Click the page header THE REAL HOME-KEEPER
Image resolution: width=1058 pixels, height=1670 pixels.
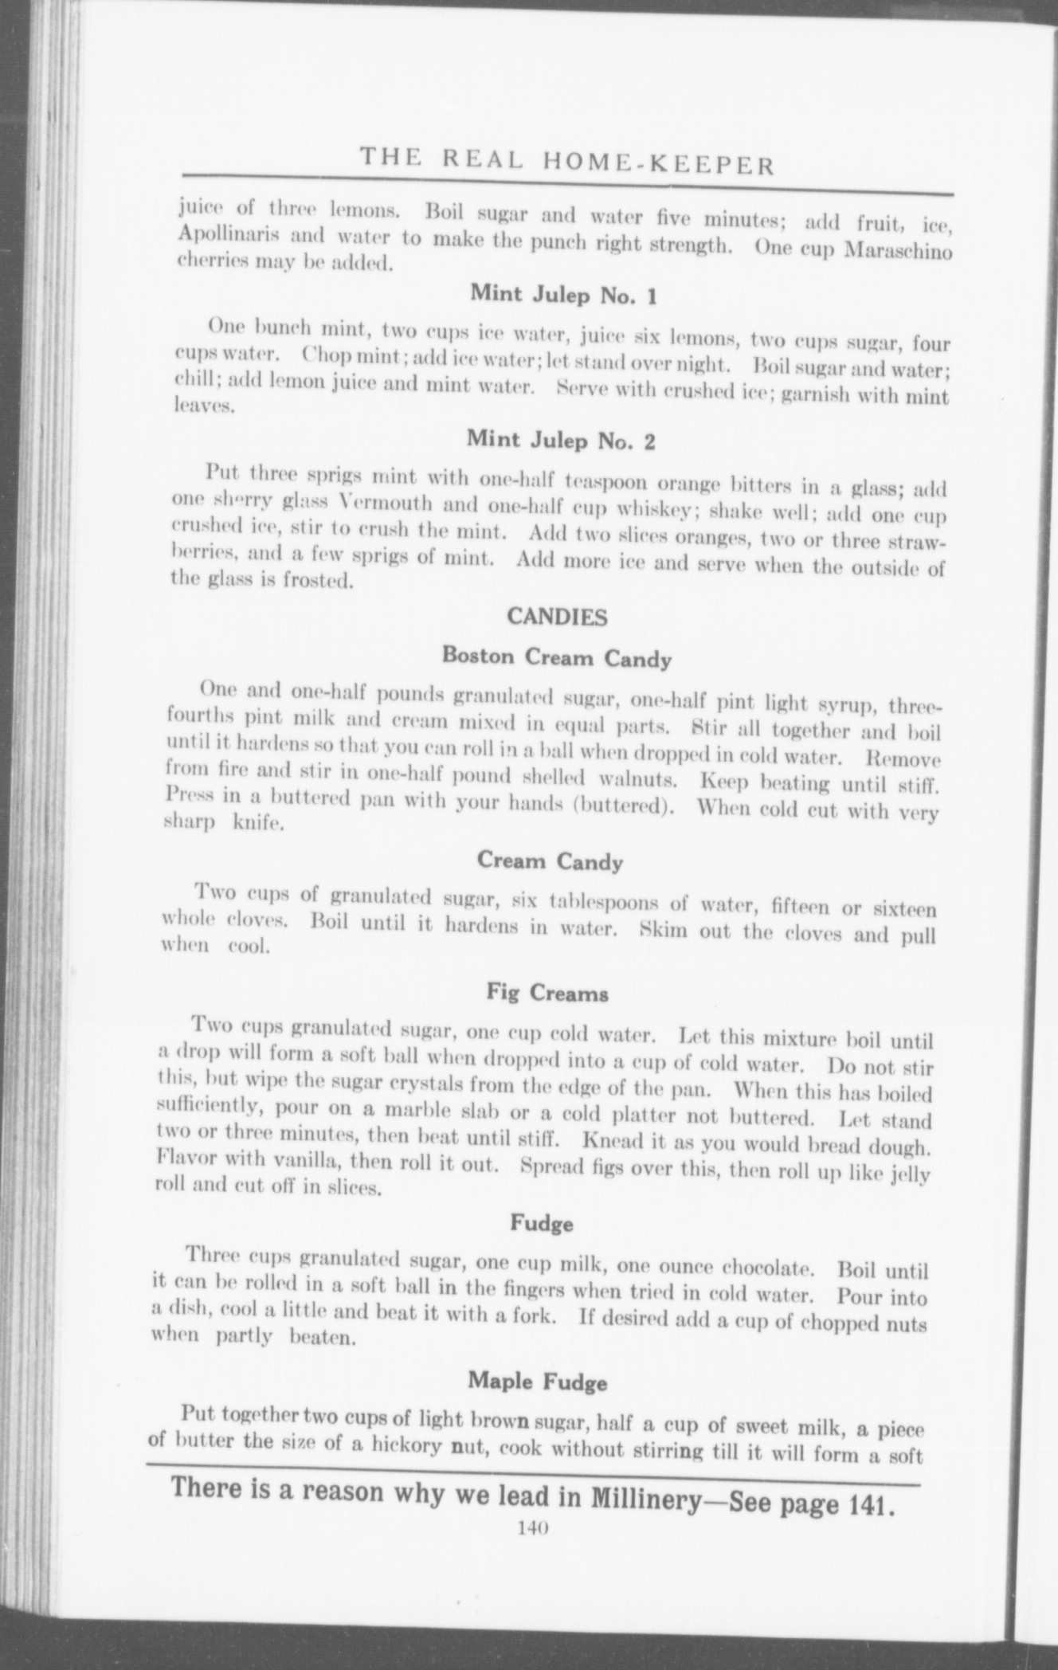point(566,161)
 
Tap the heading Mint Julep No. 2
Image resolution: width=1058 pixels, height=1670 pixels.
point(561,439)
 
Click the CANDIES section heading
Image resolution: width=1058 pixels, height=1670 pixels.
point(557,617)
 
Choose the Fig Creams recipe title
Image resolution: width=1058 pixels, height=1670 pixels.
point(547,994)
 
